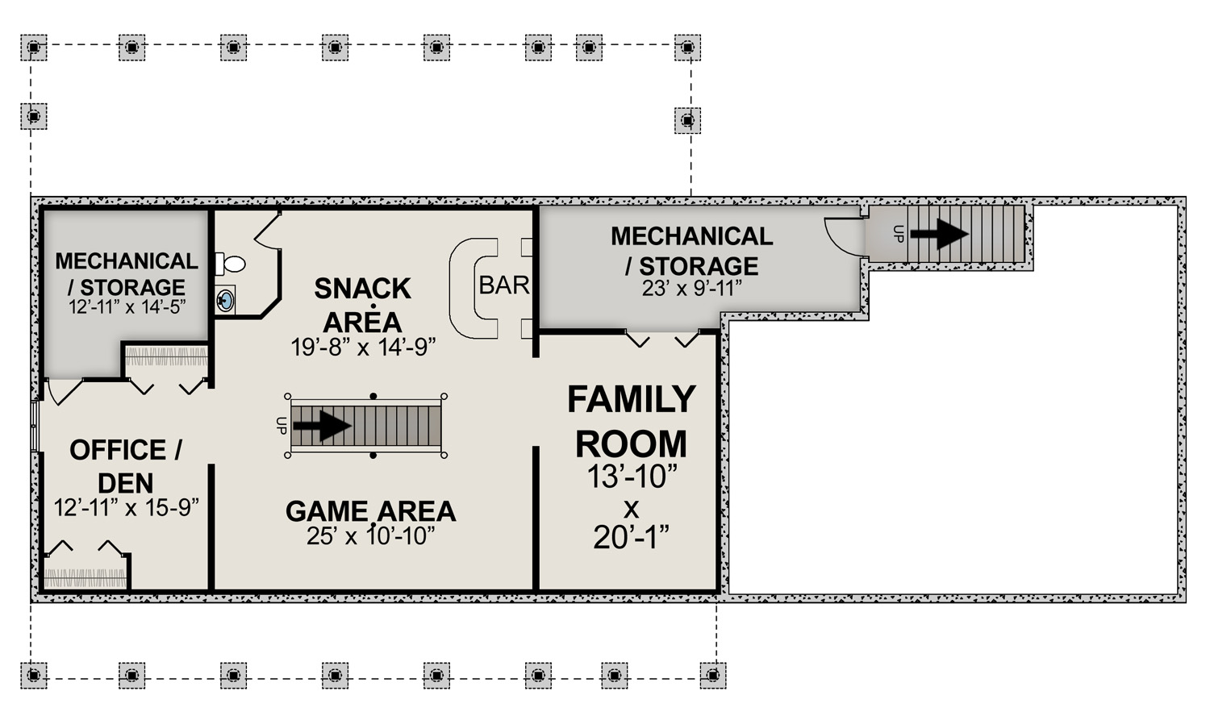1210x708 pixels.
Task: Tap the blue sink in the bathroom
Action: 225,300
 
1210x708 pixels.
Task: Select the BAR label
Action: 504,285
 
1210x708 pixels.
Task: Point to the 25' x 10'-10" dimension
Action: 370,535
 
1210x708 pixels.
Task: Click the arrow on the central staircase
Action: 322,426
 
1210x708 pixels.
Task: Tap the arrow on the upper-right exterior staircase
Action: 940,234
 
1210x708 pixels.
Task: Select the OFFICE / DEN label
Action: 126,466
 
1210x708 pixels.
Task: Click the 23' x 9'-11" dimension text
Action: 692,289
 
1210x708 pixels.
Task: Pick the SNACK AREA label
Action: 362,305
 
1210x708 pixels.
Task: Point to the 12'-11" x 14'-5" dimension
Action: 127,306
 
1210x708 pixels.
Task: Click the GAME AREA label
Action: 370,511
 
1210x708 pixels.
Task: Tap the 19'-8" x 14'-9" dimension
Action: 363,347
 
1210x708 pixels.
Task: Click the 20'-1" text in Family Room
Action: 631,537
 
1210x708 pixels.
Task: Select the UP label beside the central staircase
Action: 281,426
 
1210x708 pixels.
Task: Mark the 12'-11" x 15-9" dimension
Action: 127,507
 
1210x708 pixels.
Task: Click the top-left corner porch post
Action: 34,48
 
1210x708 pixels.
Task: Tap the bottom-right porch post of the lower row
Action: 713,675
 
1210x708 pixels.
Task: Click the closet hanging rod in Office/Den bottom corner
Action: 86,578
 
